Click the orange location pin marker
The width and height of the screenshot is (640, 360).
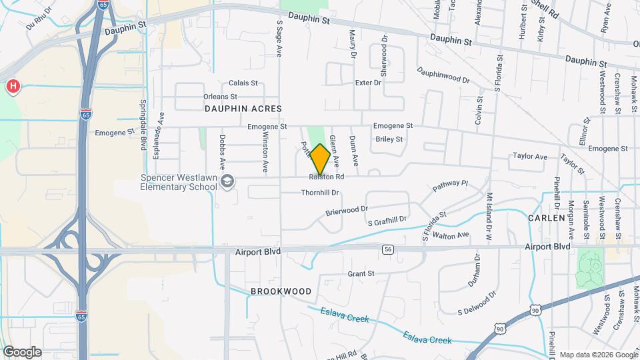coord(320,159)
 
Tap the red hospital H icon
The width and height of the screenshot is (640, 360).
coord(12,87)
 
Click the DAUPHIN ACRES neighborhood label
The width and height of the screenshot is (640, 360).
coord(243,108)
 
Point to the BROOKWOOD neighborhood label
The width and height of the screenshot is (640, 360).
coord(281,291)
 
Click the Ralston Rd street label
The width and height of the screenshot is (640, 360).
coord(326,177)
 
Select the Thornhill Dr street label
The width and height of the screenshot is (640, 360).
coord(321,193)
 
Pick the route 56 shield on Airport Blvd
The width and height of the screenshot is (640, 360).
coord(387,249)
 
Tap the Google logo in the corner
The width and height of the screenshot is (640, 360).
coord(22,352)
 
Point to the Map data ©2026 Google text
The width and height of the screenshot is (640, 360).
coord(598,355)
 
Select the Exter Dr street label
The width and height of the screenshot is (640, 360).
coord(368,83)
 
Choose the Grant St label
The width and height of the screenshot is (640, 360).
coord(361,273)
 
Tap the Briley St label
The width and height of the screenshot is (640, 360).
coord(389,139)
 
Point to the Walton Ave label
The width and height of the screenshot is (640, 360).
coord(451,235)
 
